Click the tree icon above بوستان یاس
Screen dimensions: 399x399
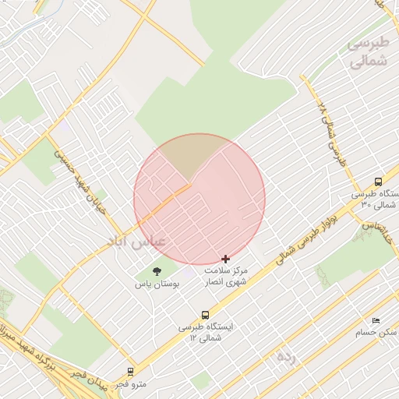157,271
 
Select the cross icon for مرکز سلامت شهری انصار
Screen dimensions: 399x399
226,258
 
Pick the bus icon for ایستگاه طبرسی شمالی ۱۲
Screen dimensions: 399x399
205,315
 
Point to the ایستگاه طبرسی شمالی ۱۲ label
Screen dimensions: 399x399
206,333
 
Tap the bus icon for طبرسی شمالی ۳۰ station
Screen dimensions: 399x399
379,181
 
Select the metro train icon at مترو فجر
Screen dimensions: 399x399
130,372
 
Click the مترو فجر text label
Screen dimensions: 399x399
129,384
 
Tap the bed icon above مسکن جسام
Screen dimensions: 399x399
376,320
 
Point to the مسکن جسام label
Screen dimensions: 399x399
376,333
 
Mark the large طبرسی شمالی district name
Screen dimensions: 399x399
368,51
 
